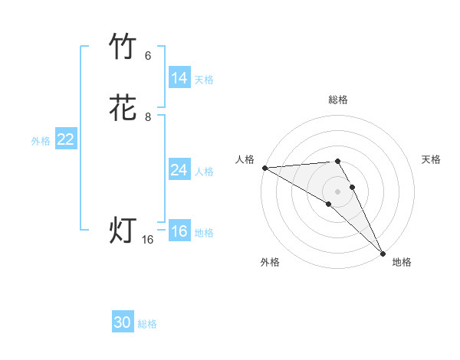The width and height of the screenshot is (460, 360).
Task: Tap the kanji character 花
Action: [x=123, y=108]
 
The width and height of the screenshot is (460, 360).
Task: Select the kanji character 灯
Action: [x=123, y=231]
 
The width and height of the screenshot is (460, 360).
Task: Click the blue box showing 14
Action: [x=179, y=78]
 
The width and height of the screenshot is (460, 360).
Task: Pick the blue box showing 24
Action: [x=179, y=170]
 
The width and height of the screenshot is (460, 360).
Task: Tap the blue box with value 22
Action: [x=66, y=139]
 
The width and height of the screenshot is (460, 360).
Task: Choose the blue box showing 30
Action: [x=123, y=322]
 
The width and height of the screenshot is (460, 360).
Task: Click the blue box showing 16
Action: [x=179, y=231]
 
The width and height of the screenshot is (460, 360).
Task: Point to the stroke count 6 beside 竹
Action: [x=148, y=55]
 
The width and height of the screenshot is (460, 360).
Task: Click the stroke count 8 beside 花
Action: [x=148, y=117]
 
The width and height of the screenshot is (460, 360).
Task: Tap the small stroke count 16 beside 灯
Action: [x=148, y=240]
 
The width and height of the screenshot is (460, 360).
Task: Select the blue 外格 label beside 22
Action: [x=41, y=141]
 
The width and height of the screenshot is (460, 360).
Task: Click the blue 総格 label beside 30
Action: [x=147, y=324]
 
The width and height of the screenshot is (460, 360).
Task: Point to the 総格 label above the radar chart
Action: [x=337, y=100]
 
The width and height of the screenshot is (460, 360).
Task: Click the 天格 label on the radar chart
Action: [x=431, y=159]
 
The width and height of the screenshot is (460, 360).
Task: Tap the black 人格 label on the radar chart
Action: [x=245, y=159]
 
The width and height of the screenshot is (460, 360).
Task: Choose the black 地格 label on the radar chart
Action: [x=402, y=262]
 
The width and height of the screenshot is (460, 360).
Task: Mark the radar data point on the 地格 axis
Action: [x=383, y=253]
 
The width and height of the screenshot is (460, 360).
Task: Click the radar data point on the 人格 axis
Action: [x=264, y=168]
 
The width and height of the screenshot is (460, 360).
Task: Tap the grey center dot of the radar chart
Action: [x=337, y=191]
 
